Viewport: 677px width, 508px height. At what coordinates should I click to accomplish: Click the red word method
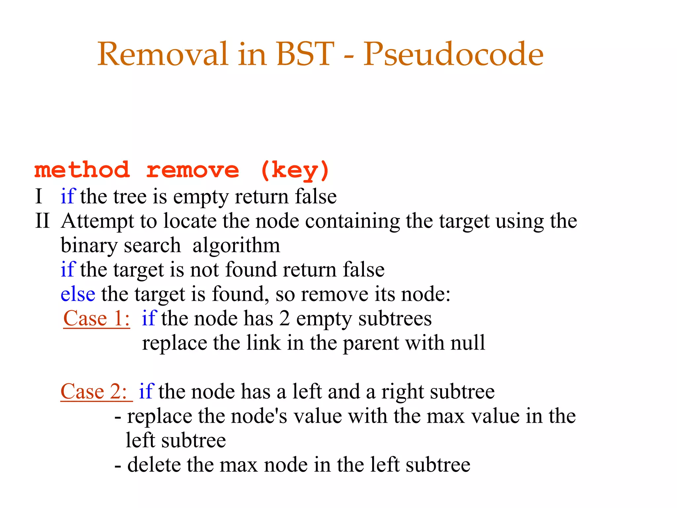tap(82, 170)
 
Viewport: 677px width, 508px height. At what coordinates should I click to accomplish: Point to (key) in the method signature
tap(295, 171)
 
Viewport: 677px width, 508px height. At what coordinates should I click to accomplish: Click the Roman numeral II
tap(42, 221)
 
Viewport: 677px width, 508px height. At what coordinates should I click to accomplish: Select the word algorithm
tap(236, 246)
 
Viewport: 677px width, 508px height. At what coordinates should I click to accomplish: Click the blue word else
tap(78, 294)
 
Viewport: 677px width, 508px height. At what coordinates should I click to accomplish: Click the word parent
tap(371, 343)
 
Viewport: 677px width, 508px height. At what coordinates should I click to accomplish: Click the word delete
tap(154, 465)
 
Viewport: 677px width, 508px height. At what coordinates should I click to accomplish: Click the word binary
tap(89, 246)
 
